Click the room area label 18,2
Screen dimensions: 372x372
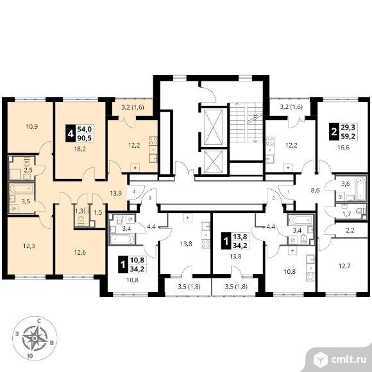pos(80,149)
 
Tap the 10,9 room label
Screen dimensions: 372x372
pos(32,127)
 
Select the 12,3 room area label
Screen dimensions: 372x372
pos(29,246)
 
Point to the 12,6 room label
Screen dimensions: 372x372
pos(80,252)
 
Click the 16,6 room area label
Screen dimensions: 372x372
pos(343,148)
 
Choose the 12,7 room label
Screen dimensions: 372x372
pos(344,266)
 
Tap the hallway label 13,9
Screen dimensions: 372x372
pos(116,193)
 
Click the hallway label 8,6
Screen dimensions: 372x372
pos(315,190)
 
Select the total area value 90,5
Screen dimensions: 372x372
pos(84,138)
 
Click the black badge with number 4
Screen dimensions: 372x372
pos(70,133)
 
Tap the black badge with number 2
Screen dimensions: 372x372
pos(334,131)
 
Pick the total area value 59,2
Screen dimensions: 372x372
pos(348,137)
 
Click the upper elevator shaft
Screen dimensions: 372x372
pos(214,127)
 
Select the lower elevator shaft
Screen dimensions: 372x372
pos(214,162)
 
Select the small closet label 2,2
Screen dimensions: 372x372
pos(350,230)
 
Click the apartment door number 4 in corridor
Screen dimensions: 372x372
pos(134,192)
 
